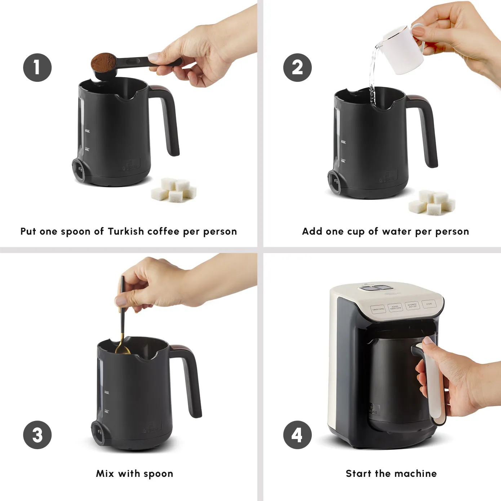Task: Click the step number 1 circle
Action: (x=37, y=67)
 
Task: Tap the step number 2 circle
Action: (x=297, y=67)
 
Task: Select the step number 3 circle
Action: (x=37, y=435)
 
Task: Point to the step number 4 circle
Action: (x=297, y=435)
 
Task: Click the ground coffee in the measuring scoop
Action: (x=103, y=62)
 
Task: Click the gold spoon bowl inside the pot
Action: (x=123, y=350)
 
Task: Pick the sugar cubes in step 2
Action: (x=432, y=203)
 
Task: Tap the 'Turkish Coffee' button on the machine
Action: (x=378, y=309)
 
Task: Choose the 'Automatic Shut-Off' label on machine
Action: (x=412, y=305)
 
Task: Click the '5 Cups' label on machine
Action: (x=429, y=304)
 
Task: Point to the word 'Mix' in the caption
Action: (x=105, y=473)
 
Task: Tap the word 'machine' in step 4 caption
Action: (x=420, y=473)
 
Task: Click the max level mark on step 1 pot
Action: (x=87, y=131)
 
